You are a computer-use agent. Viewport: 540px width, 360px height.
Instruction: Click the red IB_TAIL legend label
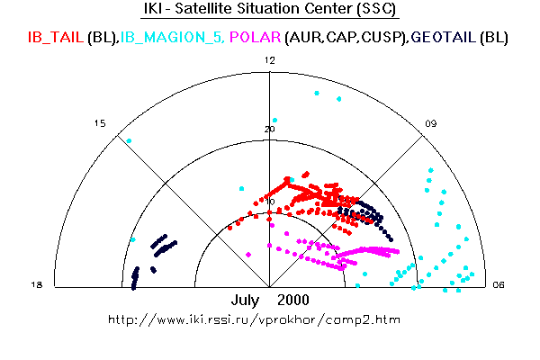point(56,37)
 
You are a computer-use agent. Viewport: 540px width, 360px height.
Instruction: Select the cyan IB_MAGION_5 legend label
point(171,37)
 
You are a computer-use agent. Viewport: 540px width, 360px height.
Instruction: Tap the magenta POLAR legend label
point(256,37)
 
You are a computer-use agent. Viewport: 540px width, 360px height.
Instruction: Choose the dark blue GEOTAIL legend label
point(444,37)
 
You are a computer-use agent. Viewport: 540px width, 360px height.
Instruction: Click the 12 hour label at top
point(270,60)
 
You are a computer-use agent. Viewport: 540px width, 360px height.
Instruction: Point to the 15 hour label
point(100,123)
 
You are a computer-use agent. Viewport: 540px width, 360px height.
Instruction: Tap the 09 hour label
point(431,123)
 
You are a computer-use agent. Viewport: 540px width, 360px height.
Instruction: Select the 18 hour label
point(37,284)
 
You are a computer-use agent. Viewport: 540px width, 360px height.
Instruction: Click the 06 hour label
point(499,284)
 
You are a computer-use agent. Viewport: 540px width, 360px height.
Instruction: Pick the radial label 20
point(270,130)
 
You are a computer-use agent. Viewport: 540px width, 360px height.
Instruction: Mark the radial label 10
point(270,202)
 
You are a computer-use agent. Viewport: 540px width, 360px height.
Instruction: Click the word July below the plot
point(245,300)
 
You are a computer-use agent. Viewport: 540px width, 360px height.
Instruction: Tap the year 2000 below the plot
point(293,300)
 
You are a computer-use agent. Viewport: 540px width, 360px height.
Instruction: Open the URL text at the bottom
point(254,319)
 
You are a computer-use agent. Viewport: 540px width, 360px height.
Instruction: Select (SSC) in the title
point(376,8)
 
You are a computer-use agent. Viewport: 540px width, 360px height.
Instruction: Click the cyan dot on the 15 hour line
point(129,140)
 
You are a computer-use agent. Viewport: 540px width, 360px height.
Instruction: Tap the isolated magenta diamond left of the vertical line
point(248,255)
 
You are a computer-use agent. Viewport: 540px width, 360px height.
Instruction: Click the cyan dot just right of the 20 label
point(274,121)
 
